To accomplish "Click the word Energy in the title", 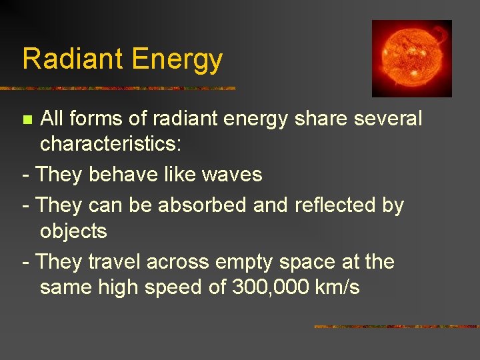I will (177, 60).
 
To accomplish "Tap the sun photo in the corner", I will (411, 58).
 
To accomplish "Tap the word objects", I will (73, 232).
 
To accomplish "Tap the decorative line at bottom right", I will (396, 327).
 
